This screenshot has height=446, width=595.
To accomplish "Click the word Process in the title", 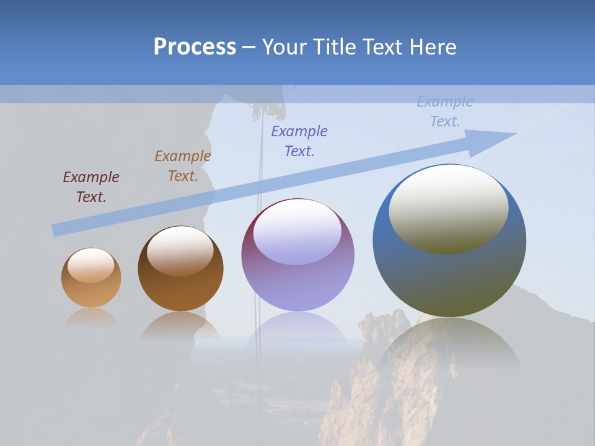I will (x=195, y=47).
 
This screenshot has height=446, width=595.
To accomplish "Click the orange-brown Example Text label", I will (x=183, y=166).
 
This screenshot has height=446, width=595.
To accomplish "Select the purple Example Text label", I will (x=299, y=141).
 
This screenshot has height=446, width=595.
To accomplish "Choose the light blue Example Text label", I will (x=445, y=111).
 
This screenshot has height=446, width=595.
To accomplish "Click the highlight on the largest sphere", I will (x=449, y=209).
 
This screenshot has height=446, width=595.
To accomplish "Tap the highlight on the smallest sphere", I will (x=91, y=265).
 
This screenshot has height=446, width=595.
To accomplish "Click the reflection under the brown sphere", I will (x=180, y=325).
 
